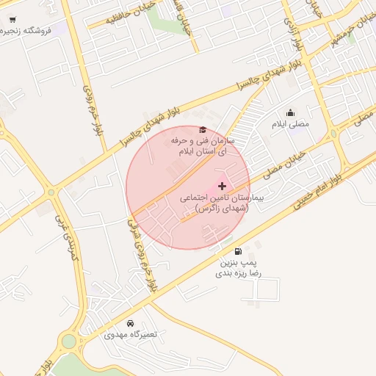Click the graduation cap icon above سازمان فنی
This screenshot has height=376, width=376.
pos(203,130)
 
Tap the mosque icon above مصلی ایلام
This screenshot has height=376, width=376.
pos(291,113)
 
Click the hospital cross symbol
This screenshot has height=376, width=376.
pos(223,186)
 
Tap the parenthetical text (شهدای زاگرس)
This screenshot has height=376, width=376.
pos(223,209)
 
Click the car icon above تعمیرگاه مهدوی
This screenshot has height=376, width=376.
pos(131,324)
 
